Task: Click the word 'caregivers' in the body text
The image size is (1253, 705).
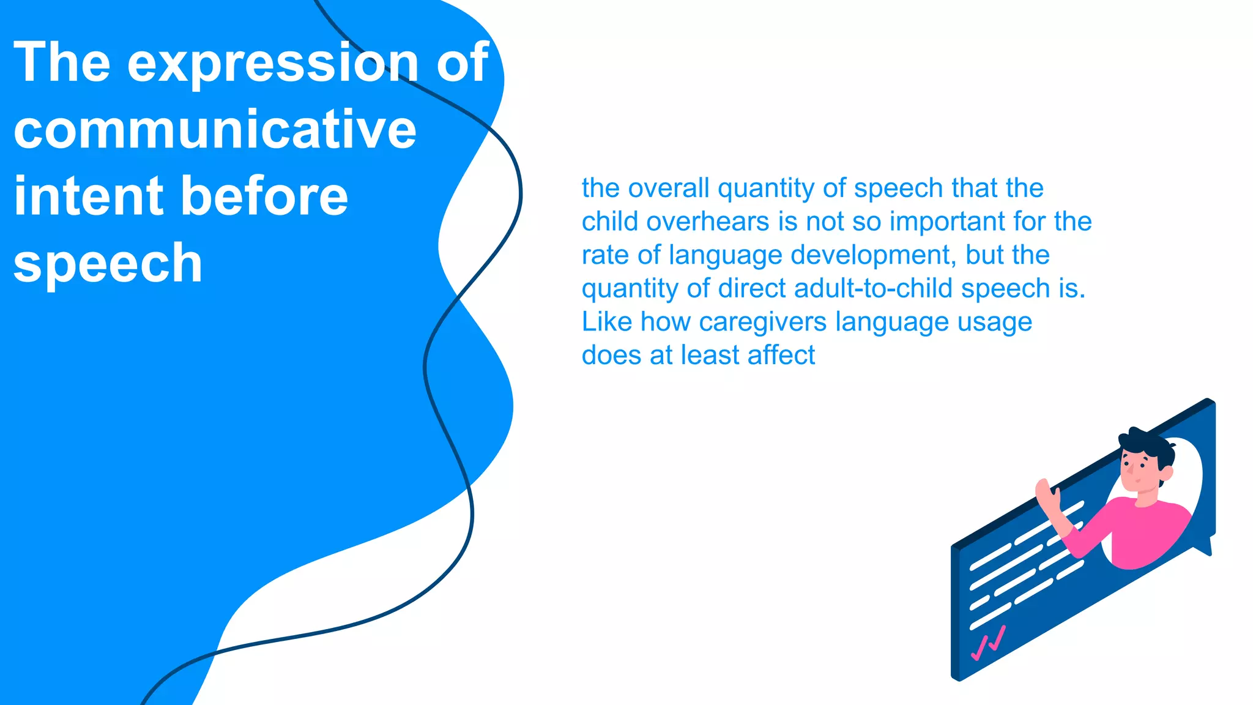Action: click(763, 322)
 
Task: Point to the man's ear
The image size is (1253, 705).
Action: click(1166, 473)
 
